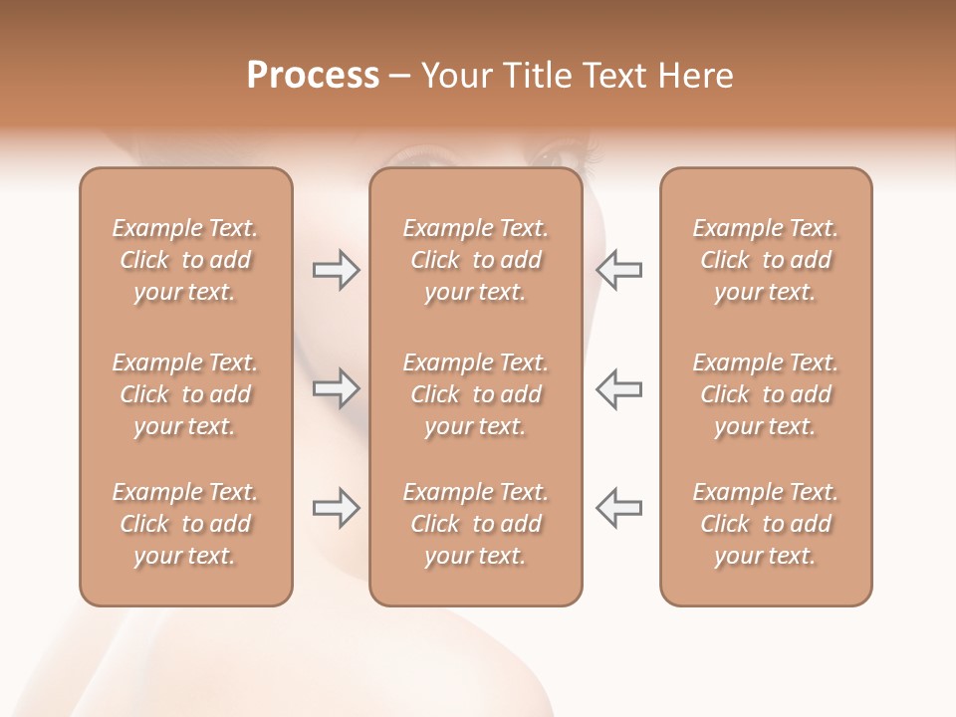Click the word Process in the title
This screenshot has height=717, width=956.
pos(313,76)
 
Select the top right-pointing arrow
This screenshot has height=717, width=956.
pos(337,270)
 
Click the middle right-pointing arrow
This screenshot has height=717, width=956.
pos(337,388)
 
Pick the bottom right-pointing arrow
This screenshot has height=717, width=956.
pos(337,508)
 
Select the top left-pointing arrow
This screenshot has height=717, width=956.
pos(618,270)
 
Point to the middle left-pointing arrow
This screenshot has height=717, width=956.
pos(618,388)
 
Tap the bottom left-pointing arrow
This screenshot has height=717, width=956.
pos(618,508)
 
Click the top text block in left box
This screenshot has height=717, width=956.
pos(185,260)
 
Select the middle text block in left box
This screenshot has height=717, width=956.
pos(185,394)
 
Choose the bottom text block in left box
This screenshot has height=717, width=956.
pos(185,524)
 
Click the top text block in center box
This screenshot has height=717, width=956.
pos(475,260)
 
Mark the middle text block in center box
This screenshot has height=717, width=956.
pos(475,394)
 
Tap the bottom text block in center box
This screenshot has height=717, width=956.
pos(475,524)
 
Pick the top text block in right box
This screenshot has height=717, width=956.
pos(765,260)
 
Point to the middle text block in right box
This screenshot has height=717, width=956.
pos(765,394)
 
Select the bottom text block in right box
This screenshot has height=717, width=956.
pos(765,524)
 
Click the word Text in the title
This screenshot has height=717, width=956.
pos(614,76)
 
